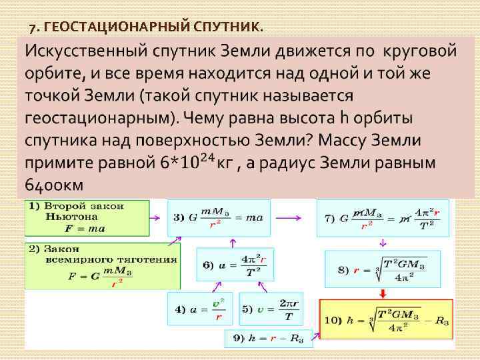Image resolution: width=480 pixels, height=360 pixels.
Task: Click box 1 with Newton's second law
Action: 87,217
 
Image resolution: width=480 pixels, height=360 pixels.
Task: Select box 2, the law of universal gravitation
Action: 102,265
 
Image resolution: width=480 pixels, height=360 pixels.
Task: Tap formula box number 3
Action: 219,217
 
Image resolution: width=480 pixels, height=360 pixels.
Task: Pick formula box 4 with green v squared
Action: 199,309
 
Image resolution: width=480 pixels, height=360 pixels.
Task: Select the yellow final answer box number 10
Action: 386,319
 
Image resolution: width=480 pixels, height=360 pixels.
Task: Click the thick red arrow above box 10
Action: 383,293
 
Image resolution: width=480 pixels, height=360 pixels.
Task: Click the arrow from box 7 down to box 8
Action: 382,243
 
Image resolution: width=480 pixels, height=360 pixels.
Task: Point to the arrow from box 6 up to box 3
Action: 232,242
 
